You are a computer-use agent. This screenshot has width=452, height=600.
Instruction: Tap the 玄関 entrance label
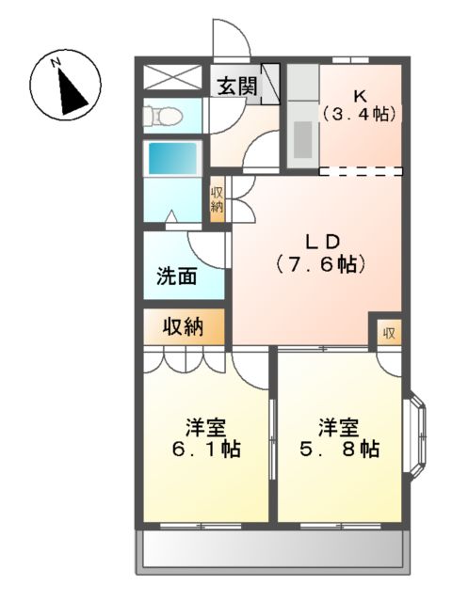point(236,86)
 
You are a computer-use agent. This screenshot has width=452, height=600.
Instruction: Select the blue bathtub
point(172,156)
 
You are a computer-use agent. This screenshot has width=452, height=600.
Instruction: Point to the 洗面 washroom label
point(176,276)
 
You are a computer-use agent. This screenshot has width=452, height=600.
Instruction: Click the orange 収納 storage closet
point(184,327)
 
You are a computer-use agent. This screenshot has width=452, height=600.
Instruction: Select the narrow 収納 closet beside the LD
point(217,199)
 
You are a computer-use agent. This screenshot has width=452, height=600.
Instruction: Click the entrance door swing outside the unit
point(228,38)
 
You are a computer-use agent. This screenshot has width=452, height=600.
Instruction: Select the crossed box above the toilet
point(172,78)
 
